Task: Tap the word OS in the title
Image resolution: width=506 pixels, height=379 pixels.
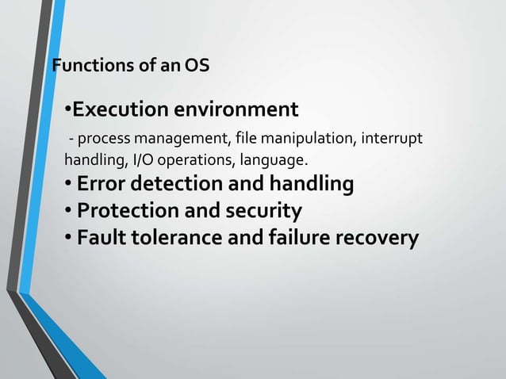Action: [x=197, y=66]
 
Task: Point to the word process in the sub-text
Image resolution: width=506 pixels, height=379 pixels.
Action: [x=100, y=141]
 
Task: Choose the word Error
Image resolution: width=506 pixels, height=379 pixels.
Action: [x=102, y=186]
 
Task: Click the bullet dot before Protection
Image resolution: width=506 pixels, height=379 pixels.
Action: [x=69, y=212]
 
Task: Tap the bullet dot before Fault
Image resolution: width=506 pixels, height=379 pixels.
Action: [x=69, y=238]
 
